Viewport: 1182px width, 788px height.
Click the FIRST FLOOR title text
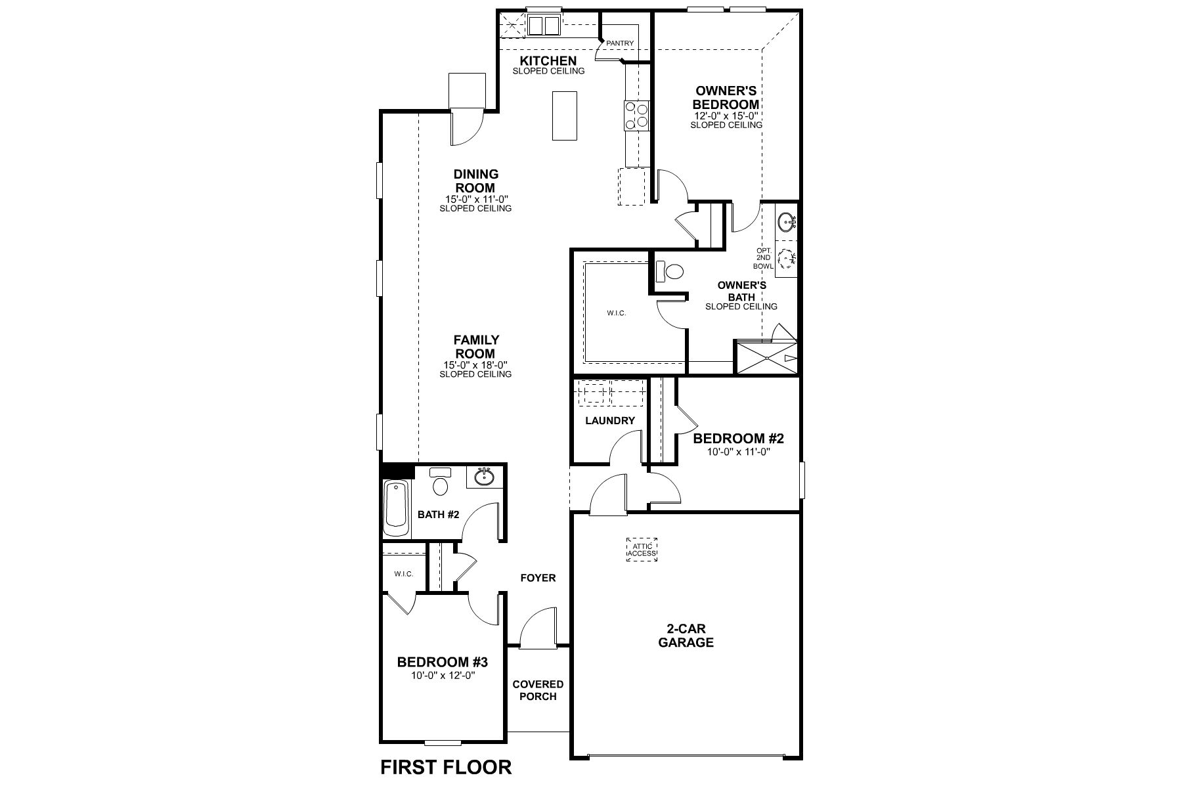click(446, 767)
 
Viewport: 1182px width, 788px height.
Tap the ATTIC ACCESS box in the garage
click(642, 550)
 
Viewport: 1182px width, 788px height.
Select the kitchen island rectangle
click(564, 116)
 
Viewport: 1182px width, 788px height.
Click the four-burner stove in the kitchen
click(637, 116)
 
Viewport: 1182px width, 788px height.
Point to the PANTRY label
click(620, 43)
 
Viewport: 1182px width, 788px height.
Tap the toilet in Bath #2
click(440, 483)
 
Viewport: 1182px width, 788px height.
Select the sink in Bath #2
click(485, 476)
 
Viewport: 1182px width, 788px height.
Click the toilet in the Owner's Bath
click(670, 271)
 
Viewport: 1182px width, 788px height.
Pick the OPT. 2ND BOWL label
click(763, 258)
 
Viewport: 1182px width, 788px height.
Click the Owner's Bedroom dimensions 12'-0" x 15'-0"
click(726, 116)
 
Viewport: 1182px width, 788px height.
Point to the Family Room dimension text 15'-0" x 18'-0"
click(476, 365)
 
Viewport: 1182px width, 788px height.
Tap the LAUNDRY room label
click(609, 420)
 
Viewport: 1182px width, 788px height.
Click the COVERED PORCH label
click(538, 690)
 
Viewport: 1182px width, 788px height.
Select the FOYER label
click(538, 578)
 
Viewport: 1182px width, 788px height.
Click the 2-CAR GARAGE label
click(686, 636)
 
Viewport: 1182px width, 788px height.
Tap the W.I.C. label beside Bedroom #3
click(403, 574)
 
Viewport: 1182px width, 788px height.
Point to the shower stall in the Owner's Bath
click(766, 357)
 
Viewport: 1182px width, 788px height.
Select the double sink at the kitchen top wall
click(545, 26)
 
